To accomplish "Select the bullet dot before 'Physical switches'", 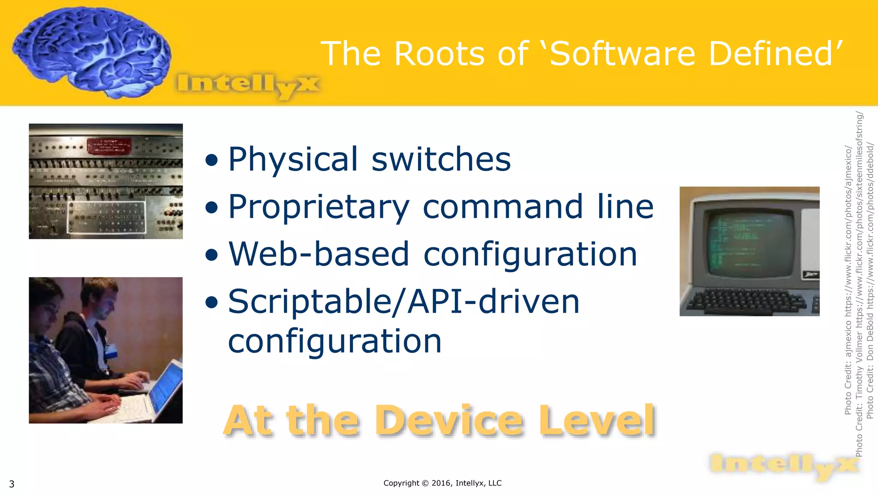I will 211,160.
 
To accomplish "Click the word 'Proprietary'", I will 319,208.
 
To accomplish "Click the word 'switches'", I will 441,160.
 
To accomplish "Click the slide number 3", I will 12,484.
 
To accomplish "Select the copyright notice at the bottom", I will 442,483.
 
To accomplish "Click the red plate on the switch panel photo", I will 109,146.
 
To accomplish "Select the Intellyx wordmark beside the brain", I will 248,84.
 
